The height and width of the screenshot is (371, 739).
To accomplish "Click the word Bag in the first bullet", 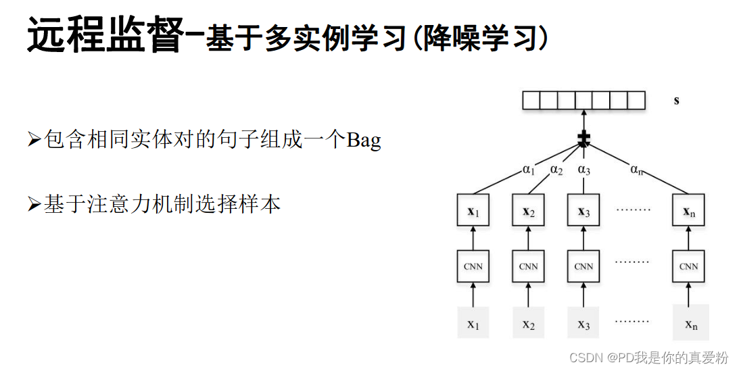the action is [364, 141].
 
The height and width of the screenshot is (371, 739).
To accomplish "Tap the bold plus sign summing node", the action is [583, 140].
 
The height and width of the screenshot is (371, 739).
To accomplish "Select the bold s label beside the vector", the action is [676, 101].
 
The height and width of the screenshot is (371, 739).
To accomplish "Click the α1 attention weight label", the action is [529, 170].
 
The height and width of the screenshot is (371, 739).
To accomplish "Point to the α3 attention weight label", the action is [583, 170].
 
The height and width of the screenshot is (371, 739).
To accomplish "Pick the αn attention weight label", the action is [636, 170].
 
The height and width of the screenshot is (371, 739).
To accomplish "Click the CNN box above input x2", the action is [528, 266].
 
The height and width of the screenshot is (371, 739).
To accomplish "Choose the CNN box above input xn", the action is [689, 266].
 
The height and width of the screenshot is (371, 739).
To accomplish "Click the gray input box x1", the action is [473, 322].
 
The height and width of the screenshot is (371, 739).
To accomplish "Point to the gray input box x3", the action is [583, 322].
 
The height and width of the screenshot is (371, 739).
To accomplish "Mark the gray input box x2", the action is [528, 322].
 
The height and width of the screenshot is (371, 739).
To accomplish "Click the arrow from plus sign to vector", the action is [583, 122].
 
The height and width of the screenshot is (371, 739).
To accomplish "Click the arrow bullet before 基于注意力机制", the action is [34, 205].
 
